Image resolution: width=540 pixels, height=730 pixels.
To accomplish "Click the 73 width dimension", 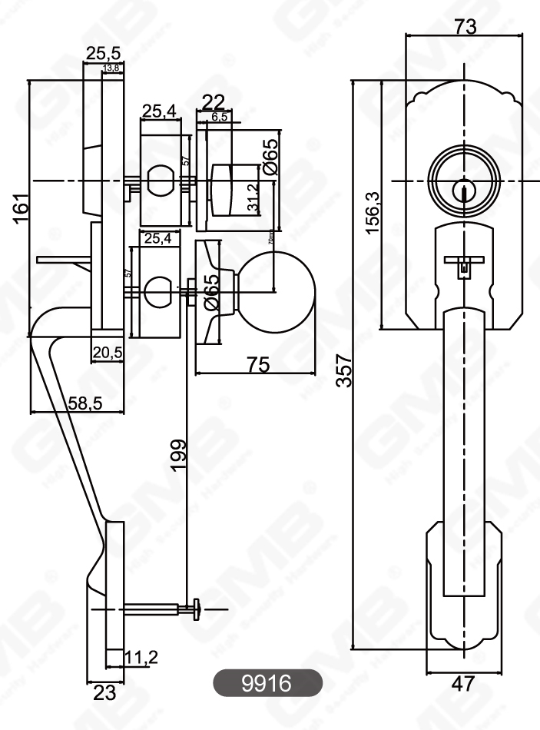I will (465, 26).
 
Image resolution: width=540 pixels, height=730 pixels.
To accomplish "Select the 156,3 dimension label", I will (372, 212).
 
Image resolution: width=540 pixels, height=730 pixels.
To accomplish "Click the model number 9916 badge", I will (267, 682).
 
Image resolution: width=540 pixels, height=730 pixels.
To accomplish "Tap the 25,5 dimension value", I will (102, 53).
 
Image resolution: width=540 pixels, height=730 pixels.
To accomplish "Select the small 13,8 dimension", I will (111, 69).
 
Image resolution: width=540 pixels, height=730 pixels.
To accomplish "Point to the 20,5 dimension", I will (108, 353).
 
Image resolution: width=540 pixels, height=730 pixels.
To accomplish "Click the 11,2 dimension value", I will (141, 657).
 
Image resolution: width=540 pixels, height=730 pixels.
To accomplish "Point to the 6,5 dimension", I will (218, 117).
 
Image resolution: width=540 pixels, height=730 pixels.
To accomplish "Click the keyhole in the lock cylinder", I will (463, 189).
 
